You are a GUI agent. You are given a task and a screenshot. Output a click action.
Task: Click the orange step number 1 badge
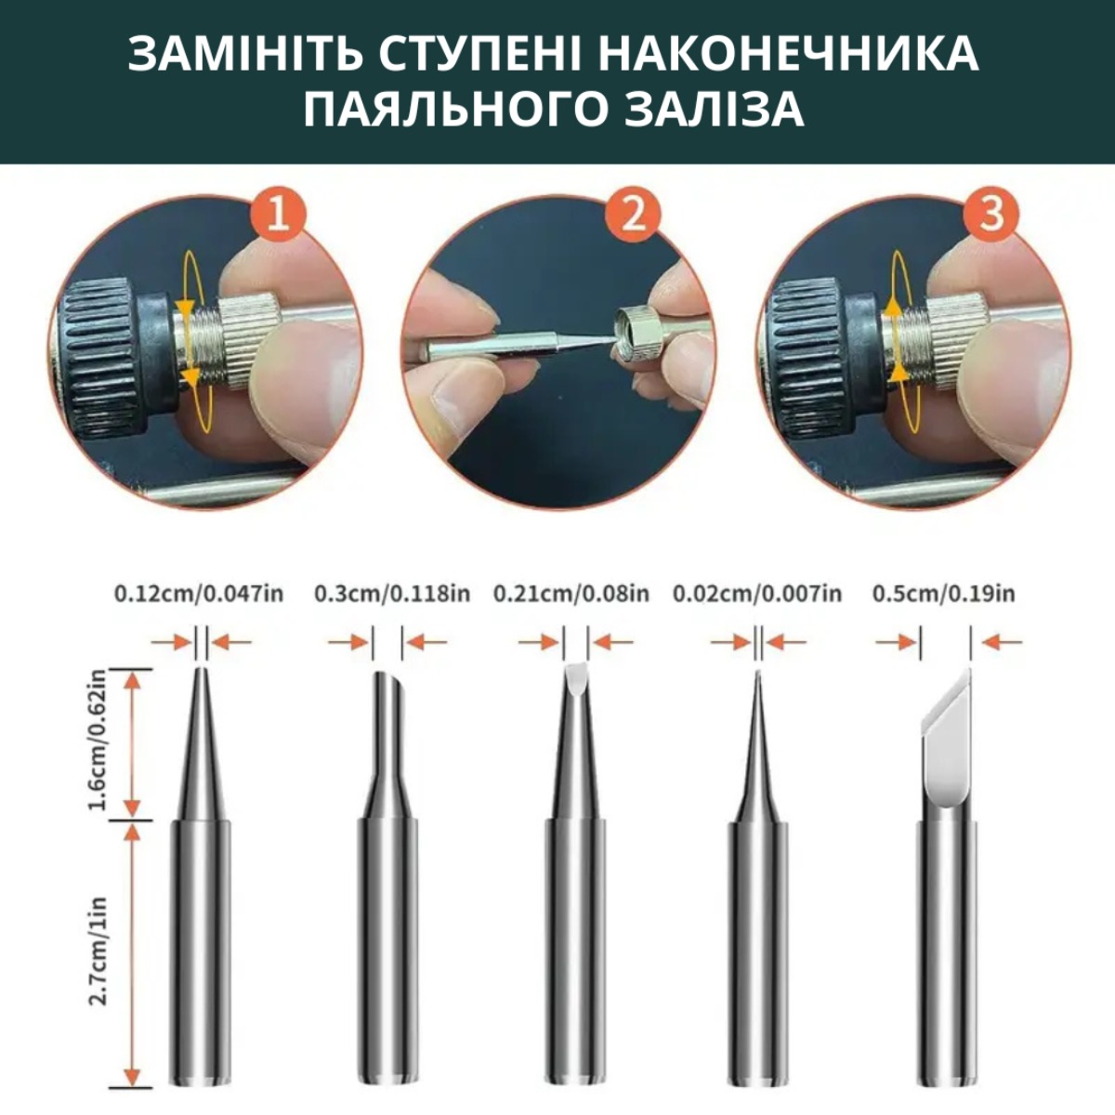click(279, 216)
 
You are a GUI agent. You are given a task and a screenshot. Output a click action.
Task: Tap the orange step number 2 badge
click(633, 216)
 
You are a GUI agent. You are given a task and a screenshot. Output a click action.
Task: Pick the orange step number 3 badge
click(991, 216)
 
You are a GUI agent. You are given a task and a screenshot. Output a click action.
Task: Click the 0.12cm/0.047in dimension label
click(199, 595)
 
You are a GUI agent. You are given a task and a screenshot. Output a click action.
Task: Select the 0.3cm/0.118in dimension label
click(392, 595)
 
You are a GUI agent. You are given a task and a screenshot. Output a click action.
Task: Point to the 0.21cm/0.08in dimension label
click(571, 595)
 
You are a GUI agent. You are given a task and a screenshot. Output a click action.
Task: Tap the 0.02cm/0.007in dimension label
click(757, 595)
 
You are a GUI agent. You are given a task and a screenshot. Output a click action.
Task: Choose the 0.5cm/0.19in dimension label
click(944, 595)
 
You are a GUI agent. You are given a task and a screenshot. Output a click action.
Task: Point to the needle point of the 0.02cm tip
click(757, 674)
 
